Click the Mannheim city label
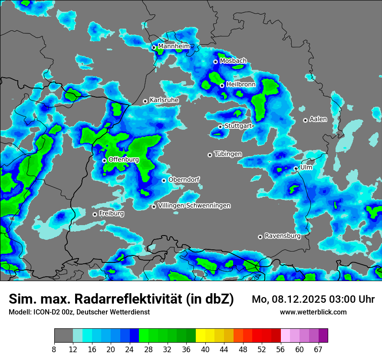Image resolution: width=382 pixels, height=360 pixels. point(174,46)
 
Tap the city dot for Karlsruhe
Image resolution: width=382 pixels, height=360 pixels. point(145,101)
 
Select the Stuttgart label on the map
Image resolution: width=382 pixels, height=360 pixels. point(238,126)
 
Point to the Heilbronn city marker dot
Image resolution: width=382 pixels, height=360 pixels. point(222,85)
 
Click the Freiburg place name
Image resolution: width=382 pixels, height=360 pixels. point(111,213)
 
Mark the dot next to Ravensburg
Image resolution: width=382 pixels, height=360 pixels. point(260,237)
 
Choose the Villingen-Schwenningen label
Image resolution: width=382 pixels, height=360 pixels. point(194,206)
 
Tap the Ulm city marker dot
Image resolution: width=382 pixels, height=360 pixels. point(296,168)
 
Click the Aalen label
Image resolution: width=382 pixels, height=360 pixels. point(318,119)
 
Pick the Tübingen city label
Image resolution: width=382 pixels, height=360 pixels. point(228,154)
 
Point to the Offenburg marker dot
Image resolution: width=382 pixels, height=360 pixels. point(104,160)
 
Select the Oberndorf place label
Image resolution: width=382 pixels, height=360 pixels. point(184,180)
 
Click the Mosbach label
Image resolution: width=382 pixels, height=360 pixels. point(233,61)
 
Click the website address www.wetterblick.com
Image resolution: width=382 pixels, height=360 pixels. point(313,312)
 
